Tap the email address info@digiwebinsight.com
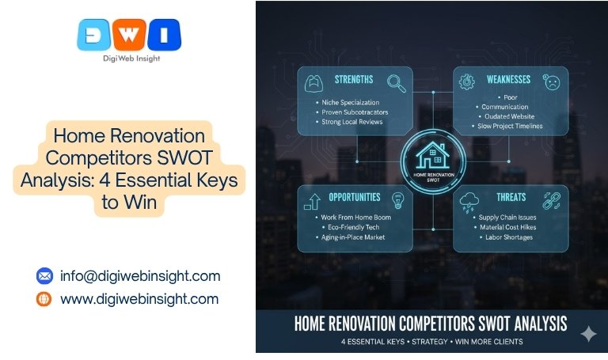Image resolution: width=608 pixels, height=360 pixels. click(140, 276)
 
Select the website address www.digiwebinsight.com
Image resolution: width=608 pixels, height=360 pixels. click(139, 299)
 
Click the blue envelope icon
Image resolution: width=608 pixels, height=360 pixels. click(44, 276)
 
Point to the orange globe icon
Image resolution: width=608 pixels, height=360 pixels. click(44, 299)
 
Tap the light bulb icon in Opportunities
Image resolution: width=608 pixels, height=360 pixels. click(397, 198)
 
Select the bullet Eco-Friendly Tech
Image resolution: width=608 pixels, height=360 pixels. click(350, 226)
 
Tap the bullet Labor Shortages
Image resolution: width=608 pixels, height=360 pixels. click(507, 237)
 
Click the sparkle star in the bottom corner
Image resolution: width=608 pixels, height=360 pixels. click(588, 335)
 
